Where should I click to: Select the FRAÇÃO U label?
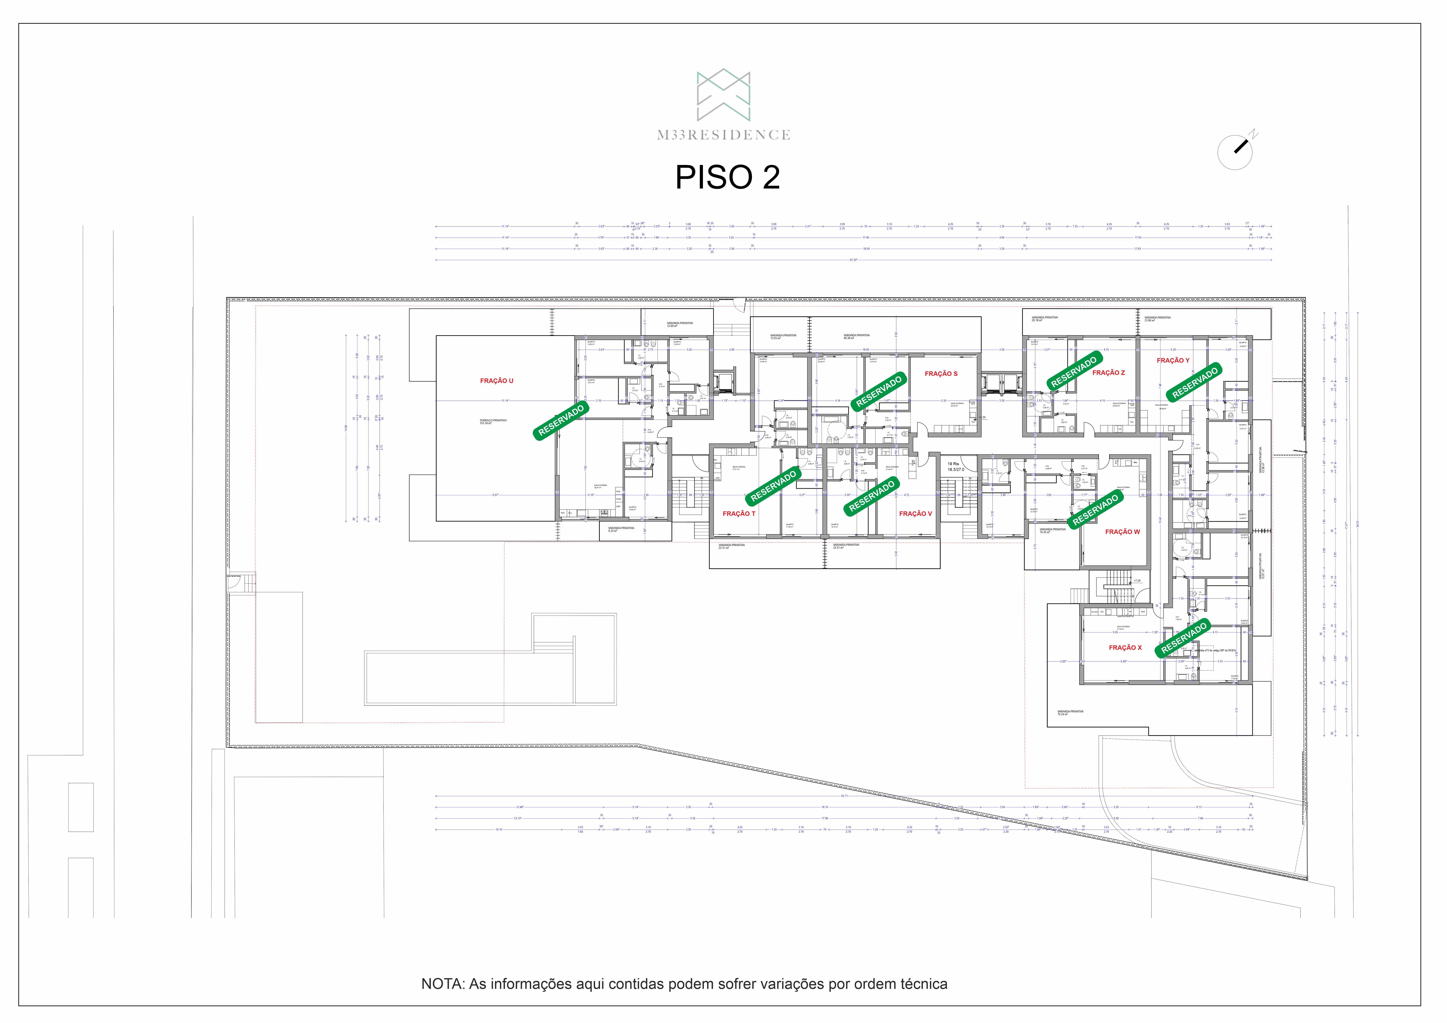point(497,381)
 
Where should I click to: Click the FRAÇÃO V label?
point(915,514)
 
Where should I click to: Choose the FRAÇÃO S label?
point(941,374)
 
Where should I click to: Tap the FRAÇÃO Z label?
point(1109,373)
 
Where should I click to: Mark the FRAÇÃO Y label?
point(1173,360)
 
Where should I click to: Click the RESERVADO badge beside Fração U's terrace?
point(561,420)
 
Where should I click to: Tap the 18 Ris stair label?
point(953,464)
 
